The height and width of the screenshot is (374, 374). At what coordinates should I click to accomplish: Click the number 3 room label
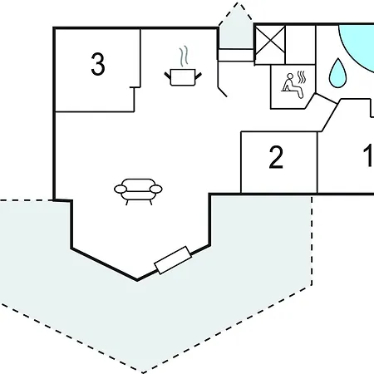[98, 65]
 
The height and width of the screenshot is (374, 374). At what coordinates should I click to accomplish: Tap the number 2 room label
[276, 157]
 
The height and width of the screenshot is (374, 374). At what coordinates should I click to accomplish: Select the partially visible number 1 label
[369, 156]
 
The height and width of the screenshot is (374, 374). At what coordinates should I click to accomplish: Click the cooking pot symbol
[183, 77]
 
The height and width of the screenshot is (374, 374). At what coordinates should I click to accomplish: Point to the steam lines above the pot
[184, 57]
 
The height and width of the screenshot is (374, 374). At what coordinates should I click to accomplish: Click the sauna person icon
[293, 86]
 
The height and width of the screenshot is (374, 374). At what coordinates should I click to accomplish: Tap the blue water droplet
[337, 73]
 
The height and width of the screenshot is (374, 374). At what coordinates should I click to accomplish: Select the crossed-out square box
[270, 44]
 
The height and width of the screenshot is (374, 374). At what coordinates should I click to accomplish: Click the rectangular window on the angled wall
[173, 260]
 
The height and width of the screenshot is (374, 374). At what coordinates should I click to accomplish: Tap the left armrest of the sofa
[121, 189]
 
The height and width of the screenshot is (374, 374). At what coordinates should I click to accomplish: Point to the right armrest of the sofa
[156, 189]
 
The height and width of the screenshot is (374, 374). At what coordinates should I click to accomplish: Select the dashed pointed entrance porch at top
[235, 27]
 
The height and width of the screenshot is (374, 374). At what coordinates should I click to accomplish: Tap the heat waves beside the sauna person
[302, 77]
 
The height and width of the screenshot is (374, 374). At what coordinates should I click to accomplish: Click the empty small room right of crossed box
[300, 45]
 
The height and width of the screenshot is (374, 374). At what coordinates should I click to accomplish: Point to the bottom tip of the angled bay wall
[137, 280]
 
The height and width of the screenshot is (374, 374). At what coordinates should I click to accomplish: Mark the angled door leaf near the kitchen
[223, 92]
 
